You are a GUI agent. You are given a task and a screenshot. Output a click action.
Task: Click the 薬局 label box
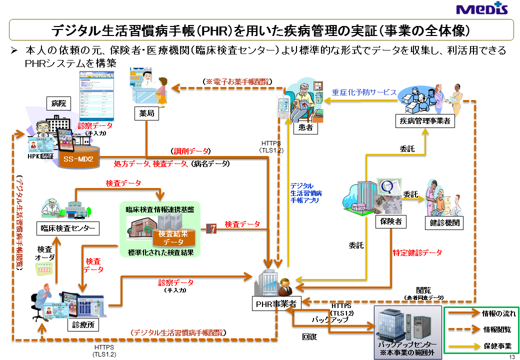[x=147, y=113]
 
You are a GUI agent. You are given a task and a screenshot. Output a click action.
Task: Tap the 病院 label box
[x=58, y=103]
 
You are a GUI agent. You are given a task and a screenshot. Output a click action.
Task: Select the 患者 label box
[x=305, y=127]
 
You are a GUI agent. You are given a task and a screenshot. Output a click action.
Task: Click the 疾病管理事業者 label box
[x=425, y=120]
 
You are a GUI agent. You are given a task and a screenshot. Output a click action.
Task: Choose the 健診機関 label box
[x=443, y=222]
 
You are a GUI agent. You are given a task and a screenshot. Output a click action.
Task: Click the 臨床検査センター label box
[x=68, y=228]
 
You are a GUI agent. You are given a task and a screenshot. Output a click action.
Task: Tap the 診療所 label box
[x=83, y=324]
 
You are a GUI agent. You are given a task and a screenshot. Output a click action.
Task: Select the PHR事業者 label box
[x=275, y=303]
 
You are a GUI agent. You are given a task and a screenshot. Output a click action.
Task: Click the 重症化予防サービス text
[x=364, y=92]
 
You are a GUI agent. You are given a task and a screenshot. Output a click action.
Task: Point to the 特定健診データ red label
[x=417, y=253]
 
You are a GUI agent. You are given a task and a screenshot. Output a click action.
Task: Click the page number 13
[x=511, y=356]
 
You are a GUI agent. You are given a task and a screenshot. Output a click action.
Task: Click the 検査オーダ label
[x=44, y=253]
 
